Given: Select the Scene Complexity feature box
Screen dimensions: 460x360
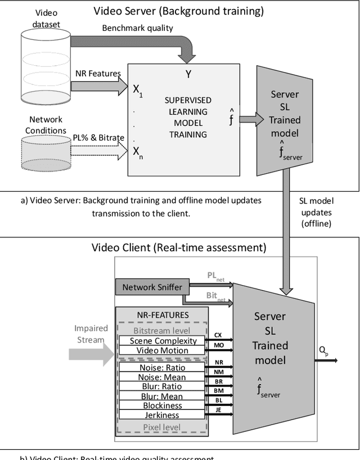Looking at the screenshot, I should click(163, 341).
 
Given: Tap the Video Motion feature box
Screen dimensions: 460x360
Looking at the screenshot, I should click(163, 350).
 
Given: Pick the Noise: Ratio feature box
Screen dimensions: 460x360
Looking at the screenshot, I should click(162, 368).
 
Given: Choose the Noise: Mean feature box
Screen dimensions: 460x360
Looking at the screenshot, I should click(162, 377).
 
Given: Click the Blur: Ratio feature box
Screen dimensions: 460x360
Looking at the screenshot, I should click(162, 387).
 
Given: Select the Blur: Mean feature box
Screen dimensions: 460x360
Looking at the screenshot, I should click(162, 396).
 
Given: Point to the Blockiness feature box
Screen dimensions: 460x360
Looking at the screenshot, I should click(162, 405).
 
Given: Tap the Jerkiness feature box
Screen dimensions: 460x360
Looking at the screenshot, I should click(162, 415).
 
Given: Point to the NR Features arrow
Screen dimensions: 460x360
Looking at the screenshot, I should click(102, 85).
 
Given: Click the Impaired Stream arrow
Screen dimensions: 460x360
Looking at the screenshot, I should click(90, 354).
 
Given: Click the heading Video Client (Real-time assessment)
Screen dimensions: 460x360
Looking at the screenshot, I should click(179, 247).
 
